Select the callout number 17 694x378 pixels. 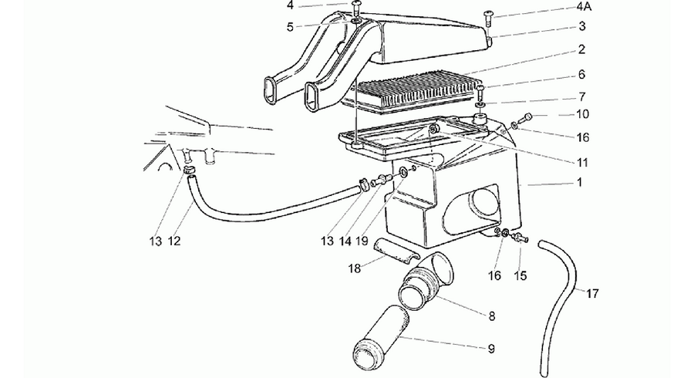(593, 293)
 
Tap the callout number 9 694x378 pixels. (491, 349)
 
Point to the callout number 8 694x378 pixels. (492, 316)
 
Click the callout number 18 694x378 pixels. (355, 268)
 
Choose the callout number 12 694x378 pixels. (174, 241)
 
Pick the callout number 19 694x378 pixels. (362, 241)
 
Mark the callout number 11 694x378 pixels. (583, 163)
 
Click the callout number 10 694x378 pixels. (582, 114)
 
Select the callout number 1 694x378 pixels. (580, 182)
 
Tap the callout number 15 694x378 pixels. (520, 275)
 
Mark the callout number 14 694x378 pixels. (345, 241)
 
